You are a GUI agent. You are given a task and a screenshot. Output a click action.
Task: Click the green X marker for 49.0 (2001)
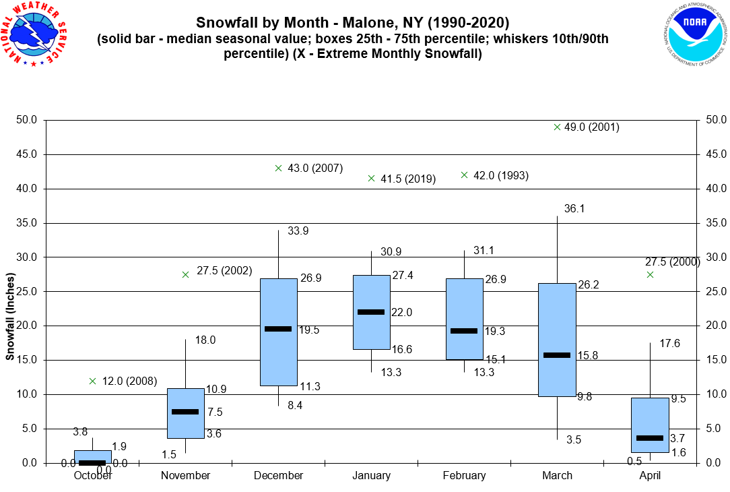coord(557,127)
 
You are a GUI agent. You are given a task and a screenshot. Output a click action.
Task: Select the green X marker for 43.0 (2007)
coord(279,168)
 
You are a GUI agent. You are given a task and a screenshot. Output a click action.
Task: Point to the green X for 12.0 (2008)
coord(93,381)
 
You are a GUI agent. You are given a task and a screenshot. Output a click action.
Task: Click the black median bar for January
coord(371,312)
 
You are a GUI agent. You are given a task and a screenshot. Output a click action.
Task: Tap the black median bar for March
coord(557,355)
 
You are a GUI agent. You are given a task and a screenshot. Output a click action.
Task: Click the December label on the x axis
coord(278,476)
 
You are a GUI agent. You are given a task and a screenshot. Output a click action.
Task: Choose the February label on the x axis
coord(464,476)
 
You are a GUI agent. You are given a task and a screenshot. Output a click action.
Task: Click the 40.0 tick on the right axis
coord(712,189)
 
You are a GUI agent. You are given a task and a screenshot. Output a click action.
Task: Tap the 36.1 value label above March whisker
coord(574,209)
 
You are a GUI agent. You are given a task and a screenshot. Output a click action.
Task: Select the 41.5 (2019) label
coord(408,179)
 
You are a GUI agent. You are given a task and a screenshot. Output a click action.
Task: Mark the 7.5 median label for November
coord(215,412)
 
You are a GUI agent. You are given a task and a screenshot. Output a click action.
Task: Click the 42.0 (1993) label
coord(501,176)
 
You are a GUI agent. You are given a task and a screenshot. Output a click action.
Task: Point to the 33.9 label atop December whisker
coord(298,231)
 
